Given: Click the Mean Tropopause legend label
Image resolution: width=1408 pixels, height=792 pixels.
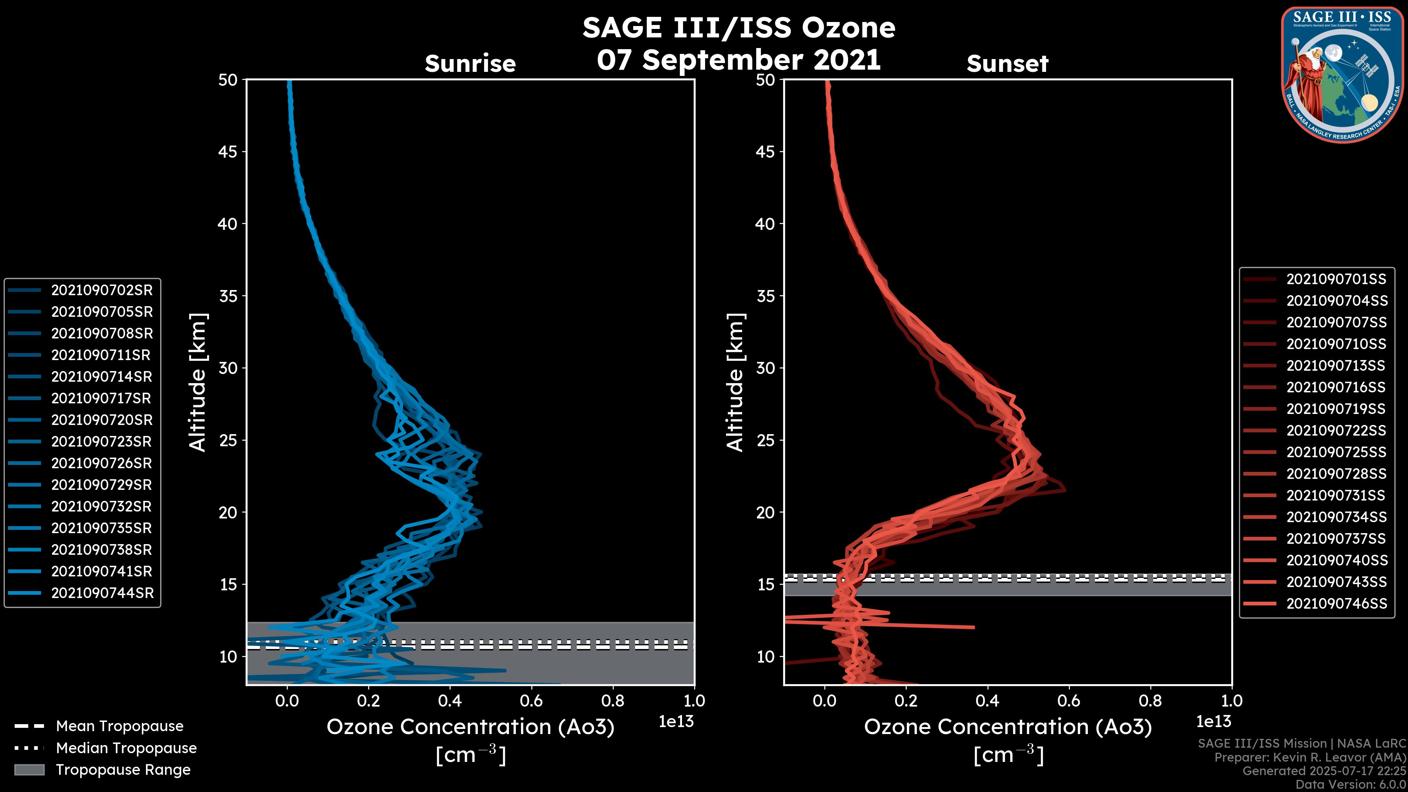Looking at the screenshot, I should [x=120, y=726].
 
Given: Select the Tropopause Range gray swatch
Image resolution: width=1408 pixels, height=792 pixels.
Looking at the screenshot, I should [x=29, y=770].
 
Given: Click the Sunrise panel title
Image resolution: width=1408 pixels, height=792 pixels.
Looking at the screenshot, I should [x=470, y=64].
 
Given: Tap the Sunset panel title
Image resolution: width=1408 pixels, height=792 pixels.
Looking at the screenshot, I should [x=1007, y=64].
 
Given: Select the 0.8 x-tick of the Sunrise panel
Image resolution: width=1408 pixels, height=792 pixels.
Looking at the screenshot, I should [x=612, y=701].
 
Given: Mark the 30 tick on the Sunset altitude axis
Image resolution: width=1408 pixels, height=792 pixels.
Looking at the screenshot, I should [x=765, y=368].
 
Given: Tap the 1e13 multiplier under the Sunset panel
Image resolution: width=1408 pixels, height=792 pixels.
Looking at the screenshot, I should [x=1213, y=722].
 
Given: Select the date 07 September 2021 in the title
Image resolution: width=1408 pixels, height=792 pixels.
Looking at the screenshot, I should [x=738, y=59].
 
